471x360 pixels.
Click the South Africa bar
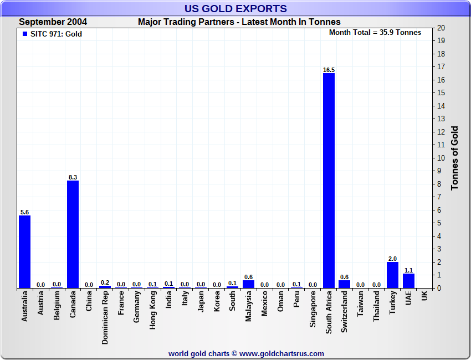coord(329,181)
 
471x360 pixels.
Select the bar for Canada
coord(73,234)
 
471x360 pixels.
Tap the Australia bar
coord(24,251)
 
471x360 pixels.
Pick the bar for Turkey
coord(392,275)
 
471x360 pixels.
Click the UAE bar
coord(408,281)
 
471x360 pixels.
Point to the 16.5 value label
coord(329,70)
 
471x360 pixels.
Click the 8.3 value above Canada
coord(73,177)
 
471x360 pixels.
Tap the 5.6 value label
coord(24,212)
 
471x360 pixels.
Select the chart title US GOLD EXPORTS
coord(235,8)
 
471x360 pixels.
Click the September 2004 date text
coord(53,22)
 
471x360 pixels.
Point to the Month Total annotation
coord(375,32)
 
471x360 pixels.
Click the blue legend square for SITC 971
coord(24,34)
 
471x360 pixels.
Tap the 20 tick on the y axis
coord(441,28)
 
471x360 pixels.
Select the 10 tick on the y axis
coord(441,158)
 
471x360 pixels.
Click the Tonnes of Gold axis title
coord(455,158)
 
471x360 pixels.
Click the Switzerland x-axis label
coord(345,312)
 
